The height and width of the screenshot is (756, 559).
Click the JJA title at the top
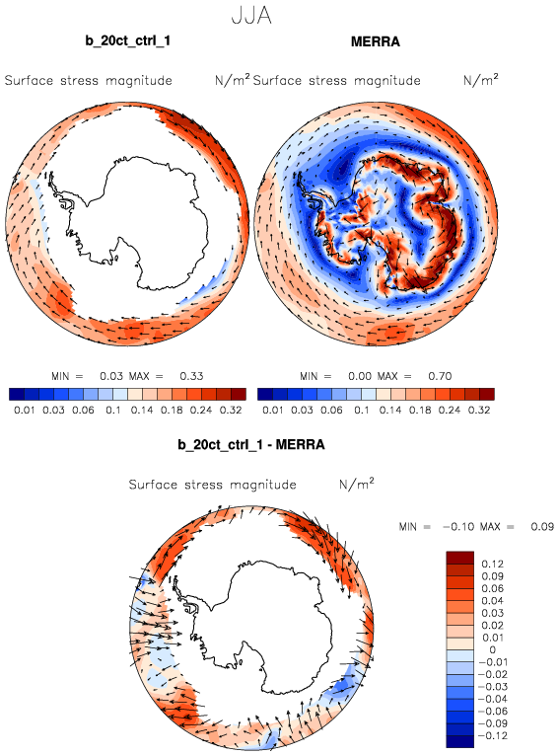pyautogui.click(x=251, y=16)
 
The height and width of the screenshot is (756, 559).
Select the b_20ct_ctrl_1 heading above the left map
pyautogui.click(x=127, y=40)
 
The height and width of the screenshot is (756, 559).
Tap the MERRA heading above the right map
pyautogui.click(x=375, y=42)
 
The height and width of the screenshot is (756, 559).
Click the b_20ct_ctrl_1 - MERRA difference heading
pyautogui.click(x=251, y=444)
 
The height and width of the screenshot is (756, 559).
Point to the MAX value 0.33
pyautogui.click(x=191, y=376)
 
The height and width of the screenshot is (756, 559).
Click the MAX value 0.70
pyautogui.click(x=440, y=376)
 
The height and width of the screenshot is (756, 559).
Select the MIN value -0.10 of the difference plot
pyautogui.click(x=458, y=526)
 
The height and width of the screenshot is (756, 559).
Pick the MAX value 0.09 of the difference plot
pyautogui.click(x=542, y=526)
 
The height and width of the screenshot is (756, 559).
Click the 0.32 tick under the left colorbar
pyautogui.click(x=231, y=411)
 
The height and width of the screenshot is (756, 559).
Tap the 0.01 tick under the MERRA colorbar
pyautogui.click(x=272, y=411)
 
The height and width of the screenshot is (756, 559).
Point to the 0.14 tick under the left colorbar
pyautogui.click(x=142, y=411)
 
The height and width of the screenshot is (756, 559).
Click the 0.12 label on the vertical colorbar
pyautogui.click(x=492, y=565)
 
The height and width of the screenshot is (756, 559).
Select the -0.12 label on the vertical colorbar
pyautogui.click(x=491, y=735)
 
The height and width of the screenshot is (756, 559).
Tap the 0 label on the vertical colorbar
pyautogui.click(x=492, y=650)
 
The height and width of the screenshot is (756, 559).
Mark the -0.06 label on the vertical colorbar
pyautogui.click(x=491, y=712)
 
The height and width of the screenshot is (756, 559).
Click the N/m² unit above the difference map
pyautogui.click(x=357, y=483)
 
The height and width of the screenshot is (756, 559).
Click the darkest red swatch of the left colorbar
pyautogui.click(x=239, y=395)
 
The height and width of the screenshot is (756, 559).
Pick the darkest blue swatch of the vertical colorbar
pyautogui.click(x=460, y=741)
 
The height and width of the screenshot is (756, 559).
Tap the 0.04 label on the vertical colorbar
pyautogui.click(x=492, y=601)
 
